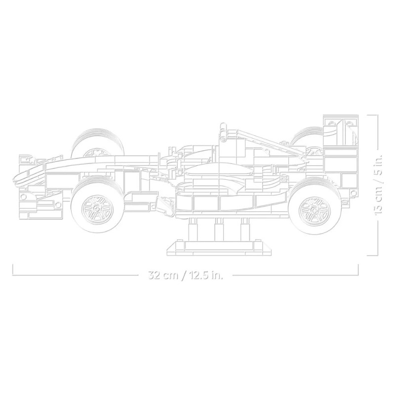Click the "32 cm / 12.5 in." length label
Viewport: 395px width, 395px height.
pos(186,275)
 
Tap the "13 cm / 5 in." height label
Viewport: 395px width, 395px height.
pos(379,184)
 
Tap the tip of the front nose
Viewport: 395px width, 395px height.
pos(14,178)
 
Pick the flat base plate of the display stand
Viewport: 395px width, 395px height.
pos(219,249)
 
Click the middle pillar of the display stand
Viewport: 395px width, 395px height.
pos(219,229)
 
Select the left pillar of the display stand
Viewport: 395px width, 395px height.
pos(193,229)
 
